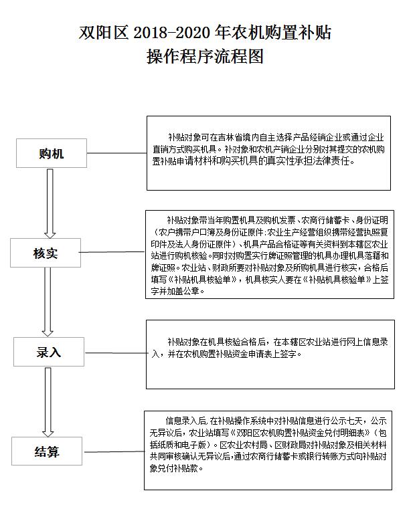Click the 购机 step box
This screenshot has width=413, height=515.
(x=52, y=153)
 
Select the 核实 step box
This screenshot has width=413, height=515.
(x=46, y=253)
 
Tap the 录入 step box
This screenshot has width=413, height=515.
(x=49, y=352)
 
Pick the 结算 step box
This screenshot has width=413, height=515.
(x=47, y=451)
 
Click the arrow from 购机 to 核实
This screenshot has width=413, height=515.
(x=50, y=203)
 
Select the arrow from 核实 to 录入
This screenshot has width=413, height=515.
(x=48, y=302)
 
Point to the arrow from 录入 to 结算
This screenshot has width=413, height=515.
(x=48, y=402)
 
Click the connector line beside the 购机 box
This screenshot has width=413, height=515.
(x=116, y=152)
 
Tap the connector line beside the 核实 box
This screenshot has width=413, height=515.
(x=112, y=252)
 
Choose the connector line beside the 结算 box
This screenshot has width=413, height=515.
(x=114, y=451)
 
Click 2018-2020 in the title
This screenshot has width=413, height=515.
(x=171, y=33)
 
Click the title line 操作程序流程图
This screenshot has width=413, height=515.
(x=205, y=56)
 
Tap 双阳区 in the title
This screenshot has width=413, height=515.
(x=103, y=33)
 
